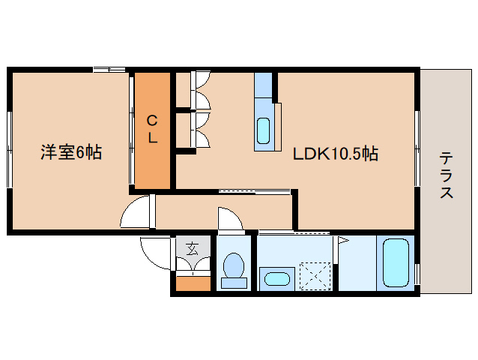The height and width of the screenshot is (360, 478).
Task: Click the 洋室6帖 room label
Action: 70,153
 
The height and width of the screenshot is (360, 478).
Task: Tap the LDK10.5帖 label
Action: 335,154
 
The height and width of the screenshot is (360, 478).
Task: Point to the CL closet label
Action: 152,129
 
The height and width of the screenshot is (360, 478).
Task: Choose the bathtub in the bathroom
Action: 396,262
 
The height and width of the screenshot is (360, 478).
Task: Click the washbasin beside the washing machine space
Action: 276,279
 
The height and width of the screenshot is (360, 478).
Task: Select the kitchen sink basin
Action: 264,130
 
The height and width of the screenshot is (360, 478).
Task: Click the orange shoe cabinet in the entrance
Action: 193,283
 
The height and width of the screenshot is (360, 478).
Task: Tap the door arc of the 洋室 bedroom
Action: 137,212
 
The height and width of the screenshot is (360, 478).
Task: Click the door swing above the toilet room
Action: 230,220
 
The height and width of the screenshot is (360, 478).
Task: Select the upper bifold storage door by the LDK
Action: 202,91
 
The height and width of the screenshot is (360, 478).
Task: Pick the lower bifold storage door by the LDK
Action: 202,130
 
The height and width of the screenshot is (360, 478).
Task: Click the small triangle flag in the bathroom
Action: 342,241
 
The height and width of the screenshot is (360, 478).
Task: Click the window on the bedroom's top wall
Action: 109,70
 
